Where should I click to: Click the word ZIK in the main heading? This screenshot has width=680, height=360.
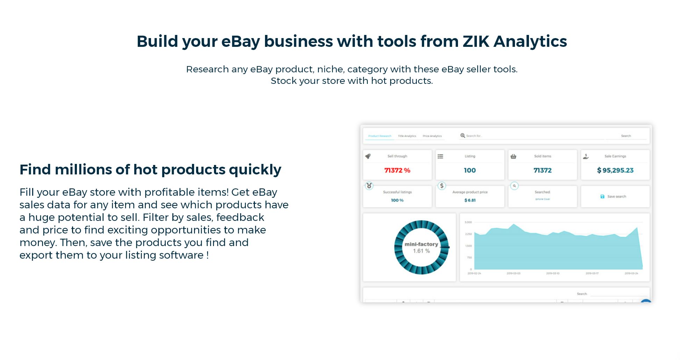coord(476,42)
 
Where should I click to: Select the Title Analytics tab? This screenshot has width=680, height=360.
coord(407,136)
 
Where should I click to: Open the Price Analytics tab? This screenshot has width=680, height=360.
coord(432,136)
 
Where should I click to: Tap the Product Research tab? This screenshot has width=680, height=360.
coord(380,136)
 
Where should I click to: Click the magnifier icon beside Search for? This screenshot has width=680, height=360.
coord(463,136)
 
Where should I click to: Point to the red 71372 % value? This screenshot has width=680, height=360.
coord(397,171)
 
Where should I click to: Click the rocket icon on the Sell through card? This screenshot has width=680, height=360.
coord(368,156)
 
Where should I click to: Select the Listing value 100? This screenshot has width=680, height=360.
coord(470,171)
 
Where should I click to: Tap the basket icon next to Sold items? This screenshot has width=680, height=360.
coord(513,156)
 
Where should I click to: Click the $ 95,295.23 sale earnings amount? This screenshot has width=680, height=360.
coord(615,171)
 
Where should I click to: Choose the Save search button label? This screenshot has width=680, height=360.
coord(616,196)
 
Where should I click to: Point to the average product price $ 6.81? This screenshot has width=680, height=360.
coord(470,200)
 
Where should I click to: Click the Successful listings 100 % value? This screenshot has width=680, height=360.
coord(397,200)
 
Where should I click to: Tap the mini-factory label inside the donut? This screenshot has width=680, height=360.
coord(421,244)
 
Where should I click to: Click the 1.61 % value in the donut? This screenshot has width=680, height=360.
coord(421,251)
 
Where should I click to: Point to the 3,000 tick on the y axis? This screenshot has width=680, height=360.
coord(468,222)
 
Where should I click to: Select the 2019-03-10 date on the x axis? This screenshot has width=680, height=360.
coord(553,273)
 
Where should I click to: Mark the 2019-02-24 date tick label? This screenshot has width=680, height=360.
coord(474,273)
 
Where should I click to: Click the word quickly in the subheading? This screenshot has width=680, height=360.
coord(255,170)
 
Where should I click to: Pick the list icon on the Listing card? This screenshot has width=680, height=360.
coord(441,156)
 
